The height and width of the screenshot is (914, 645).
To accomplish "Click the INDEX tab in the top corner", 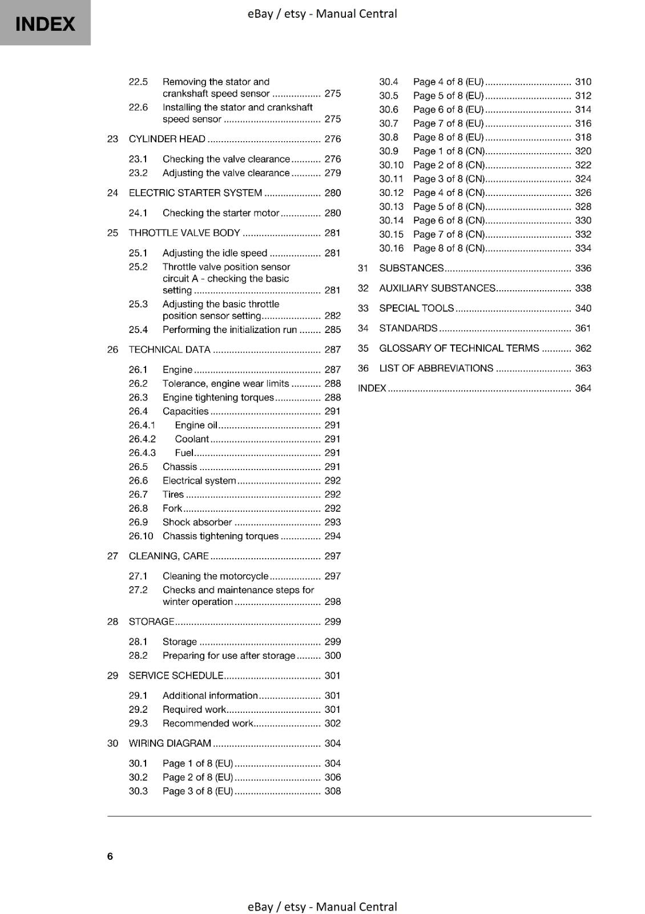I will [x=45, y=23].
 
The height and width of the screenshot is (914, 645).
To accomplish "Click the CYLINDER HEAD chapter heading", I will [x=167, y=139].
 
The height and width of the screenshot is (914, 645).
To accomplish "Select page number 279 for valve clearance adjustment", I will [x=332, y=173].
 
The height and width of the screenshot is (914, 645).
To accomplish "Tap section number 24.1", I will [x=138, y=213].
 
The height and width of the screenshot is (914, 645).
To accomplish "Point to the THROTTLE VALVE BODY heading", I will [x=184, y=233].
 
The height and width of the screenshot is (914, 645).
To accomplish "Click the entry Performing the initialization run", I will [x=229, y=330].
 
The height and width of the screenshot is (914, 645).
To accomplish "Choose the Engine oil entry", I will [x=196, y=425].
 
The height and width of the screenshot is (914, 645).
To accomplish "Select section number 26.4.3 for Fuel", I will [x=142, y=452].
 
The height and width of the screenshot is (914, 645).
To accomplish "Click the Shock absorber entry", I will [x=197, y=522].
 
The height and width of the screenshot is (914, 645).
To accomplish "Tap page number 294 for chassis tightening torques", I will [x=332, y=536].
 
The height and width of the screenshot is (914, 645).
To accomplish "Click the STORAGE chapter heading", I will [x=151, y=622].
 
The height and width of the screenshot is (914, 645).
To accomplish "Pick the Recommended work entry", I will [x=207, y=723].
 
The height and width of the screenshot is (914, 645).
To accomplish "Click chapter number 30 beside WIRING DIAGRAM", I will [x=112, y=743].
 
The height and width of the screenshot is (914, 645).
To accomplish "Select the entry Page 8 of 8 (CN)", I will [x=449, y=248].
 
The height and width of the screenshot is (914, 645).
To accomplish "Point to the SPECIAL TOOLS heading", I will [x=416, y=308].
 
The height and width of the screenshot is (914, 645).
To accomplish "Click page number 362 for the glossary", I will [x=583, y=348].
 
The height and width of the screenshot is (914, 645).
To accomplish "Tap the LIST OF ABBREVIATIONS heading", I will [x=436, y=368].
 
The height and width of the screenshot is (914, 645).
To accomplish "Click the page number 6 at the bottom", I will [x=110, y=856].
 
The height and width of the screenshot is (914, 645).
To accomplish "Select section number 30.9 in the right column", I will [x=389, y=151].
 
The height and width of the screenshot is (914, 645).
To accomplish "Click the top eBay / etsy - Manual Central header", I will [x=322, y=13].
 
